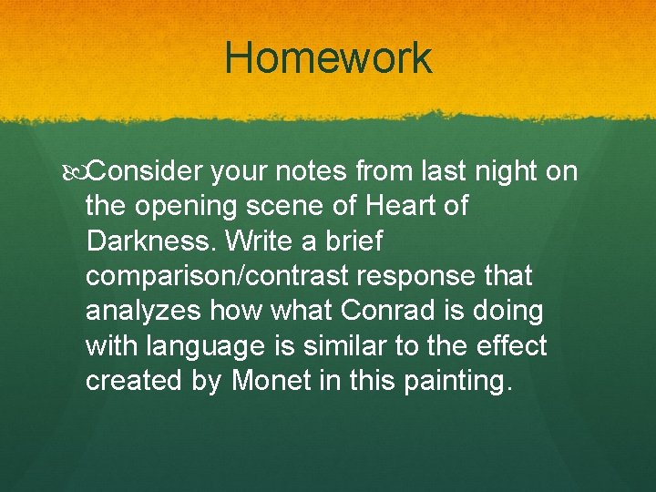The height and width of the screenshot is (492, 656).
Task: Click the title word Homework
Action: tap(328, 58)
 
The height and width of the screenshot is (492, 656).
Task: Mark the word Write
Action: tap(257, 241)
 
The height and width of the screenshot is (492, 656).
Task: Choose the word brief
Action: tap(354, 241)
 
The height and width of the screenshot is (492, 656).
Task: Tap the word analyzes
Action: tap(146, 311)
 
